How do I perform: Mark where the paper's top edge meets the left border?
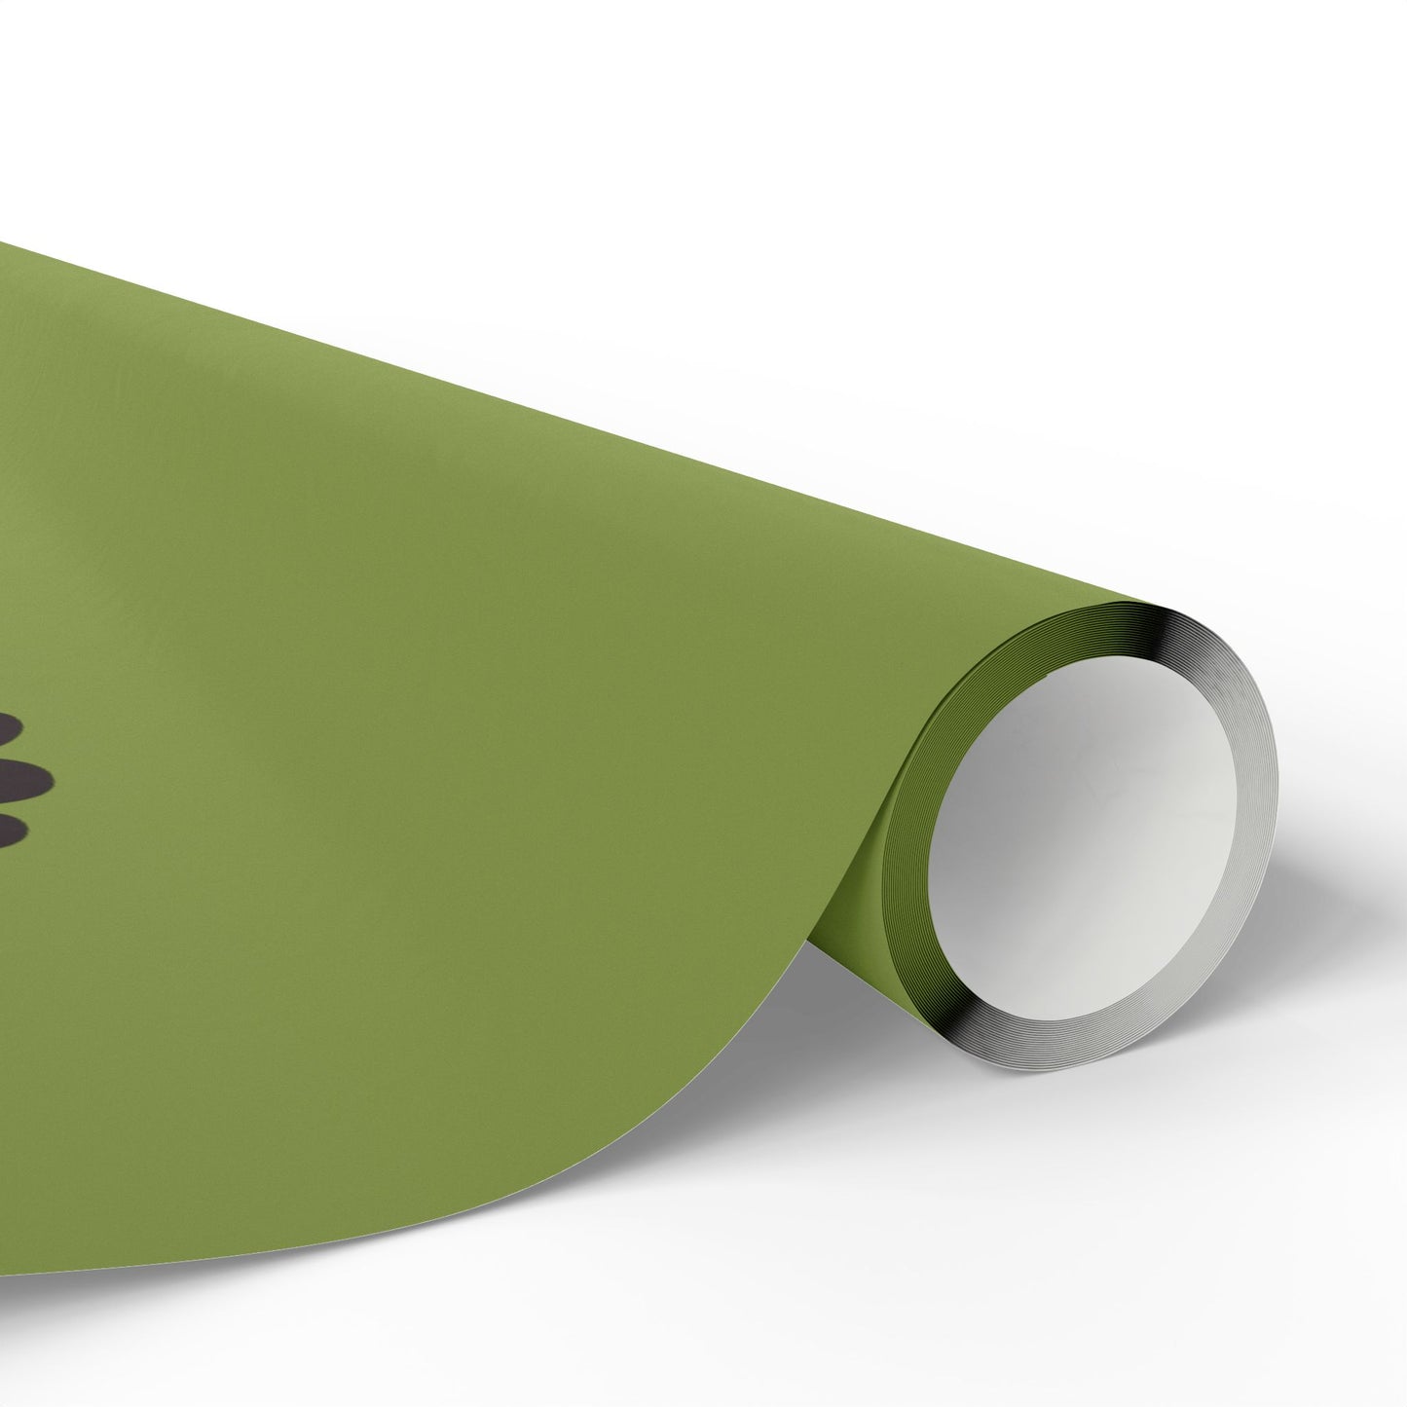tap(3, 241)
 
